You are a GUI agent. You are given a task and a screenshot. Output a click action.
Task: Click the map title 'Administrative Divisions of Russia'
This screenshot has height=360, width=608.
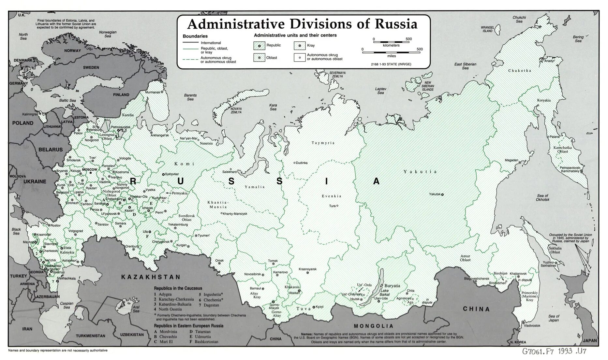pos(302,24)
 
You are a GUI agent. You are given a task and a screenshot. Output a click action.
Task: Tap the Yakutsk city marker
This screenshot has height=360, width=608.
pos(442,194)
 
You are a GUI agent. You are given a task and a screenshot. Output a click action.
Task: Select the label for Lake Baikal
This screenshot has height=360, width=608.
pos(385,293)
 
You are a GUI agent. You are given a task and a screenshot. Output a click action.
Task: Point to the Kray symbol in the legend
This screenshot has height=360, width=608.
pos(299,46)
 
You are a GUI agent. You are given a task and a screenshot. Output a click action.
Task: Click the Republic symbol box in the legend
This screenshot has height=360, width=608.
pos(259,46)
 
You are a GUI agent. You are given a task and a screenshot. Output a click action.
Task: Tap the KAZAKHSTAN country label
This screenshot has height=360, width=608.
pos(151,277)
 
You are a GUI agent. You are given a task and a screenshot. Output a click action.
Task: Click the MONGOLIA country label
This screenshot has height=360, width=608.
pos(374,326)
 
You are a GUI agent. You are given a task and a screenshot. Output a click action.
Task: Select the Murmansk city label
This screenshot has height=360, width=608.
pos(153,92)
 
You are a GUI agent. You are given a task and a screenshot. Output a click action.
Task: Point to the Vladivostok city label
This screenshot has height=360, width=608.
pos(532,325)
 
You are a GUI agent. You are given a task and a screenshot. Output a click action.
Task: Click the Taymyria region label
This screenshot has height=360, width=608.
pos(323,143)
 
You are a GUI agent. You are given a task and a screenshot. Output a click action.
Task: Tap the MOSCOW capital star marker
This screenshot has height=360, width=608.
pos(91,173)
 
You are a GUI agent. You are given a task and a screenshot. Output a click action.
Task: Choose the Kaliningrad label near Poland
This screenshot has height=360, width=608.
pos(30,114)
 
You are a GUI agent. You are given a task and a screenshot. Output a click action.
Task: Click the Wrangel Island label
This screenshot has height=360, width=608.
pos(487,29)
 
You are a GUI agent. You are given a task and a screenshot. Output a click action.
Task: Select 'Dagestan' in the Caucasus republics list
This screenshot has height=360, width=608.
pos(211,305)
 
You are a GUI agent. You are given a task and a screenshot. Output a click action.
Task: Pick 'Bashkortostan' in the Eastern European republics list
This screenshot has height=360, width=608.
pos(206,342)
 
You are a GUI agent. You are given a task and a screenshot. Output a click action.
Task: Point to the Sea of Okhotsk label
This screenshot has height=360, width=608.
pos(542,197)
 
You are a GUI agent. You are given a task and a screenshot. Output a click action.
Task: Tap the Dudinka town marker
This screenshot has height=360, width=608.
pos(294,163)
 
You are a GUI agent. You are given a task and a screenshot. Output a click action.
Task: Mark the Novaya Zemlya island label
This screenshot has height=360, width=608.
pos(236,110)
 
